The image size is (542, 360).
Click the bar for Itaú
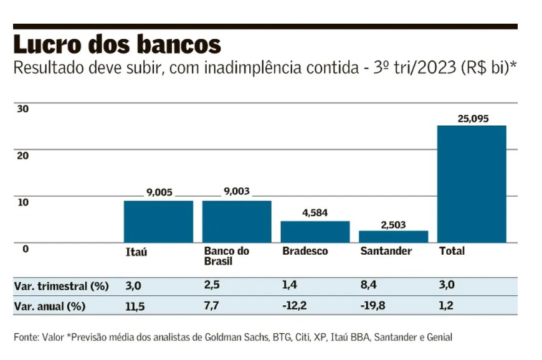(x=158, y=221)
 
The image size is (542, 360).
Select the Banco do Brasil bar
(x=237, y=221)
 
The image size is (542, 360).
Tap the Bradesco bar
(x=315, y=232)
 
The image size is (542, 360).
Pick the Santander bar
(x=394, y=236)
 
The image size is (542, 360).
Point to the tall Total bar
(x=472, y=184)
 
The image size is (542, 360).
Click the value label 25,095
(x=472, y=118)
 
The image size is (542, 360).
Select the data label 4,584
(x=315, y=213)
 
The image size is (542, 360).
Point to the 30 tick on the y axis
(x=22, y=108)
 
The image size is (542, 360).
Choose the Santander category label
(x=386, y=251)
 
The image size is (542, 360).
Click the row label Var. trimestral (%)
(x=61, y=287)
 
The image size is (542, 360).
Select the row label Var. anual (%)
(x=50, y=306)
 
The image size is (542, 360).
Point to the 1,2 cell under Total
(x=447, y=306)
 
